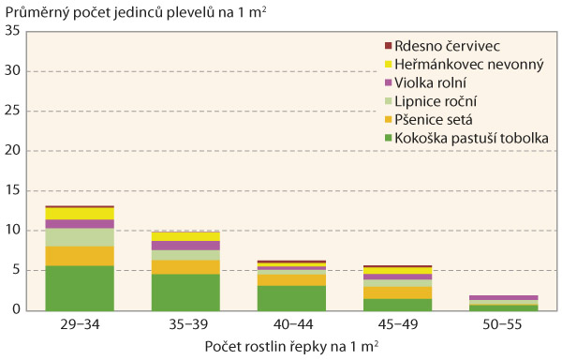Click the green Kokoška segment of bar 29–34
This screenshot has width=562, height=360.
tap(80, 287)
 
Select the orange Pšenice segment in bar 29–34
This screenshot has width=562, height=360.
tap(80, 256)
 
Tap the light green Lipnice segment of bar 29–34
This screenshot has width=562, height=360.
tap(80, 237)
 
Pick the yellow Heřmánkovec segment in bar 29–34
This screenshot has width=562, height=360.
tap(80, 214)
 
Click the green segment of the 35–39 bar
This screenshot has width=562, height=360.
tap(185, 292)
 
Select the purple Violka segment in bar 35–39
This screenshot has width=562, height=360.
tap(185, 246)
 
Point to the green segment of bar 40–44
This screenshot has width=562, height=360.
tap(291, 297)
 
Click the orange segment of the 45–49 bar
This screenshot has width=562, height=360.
tap(397, 292)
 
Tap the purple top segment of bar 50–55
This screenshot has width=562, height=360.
tap(503, 297)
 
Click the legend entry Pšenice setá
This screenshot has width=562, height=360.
tap(435, 120)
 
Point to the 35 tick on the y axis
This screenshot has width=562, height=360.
tap(13, 32)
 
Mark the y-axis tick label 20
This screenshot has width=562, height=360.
tap(13, 151)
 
